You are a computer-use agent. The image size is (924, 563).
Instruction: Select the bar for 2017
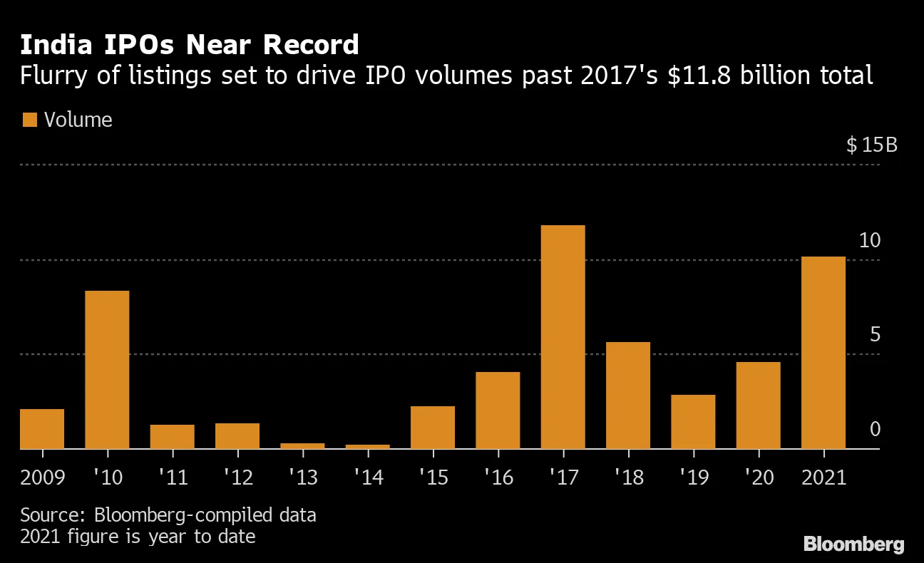coord(563,336)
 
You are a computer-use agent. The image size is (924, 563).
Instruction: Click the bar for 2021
coord(823,352)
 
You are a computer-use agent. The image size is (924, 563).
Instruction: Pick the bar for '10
coord(107,369)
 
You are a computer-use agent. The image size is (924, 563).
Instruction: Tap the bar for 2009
coord(42,428)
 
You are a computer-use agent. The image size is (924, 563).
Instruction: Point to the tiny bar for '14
coord(367,446)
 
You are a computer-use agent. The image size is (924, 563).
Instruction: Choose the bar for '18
coord(628,395)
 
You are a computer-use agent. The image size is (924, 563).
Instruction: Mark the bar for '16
coord(498,410)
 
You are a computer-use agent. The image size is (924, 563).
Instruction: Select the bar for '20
coord(758,405)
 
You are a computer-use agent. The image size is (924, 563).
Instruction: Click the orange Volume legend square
coord(29,120)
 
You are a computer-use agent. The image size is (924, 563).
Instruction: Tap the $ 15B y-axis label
coord(871,145)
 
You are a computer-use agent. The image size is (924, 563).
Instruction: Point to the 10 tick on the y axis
coord(870,241)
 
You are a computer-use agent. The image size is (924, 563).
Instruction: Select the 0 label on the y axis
coord(875,430)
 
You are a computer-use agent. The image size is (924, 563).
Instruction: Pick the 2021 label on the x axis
coord(823,477)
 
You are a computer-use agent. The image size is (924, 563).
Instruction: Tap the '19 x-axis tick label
coord(693,477)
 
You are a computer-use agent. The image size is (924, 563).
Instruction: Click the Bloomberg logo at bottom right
coord(853,544)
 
